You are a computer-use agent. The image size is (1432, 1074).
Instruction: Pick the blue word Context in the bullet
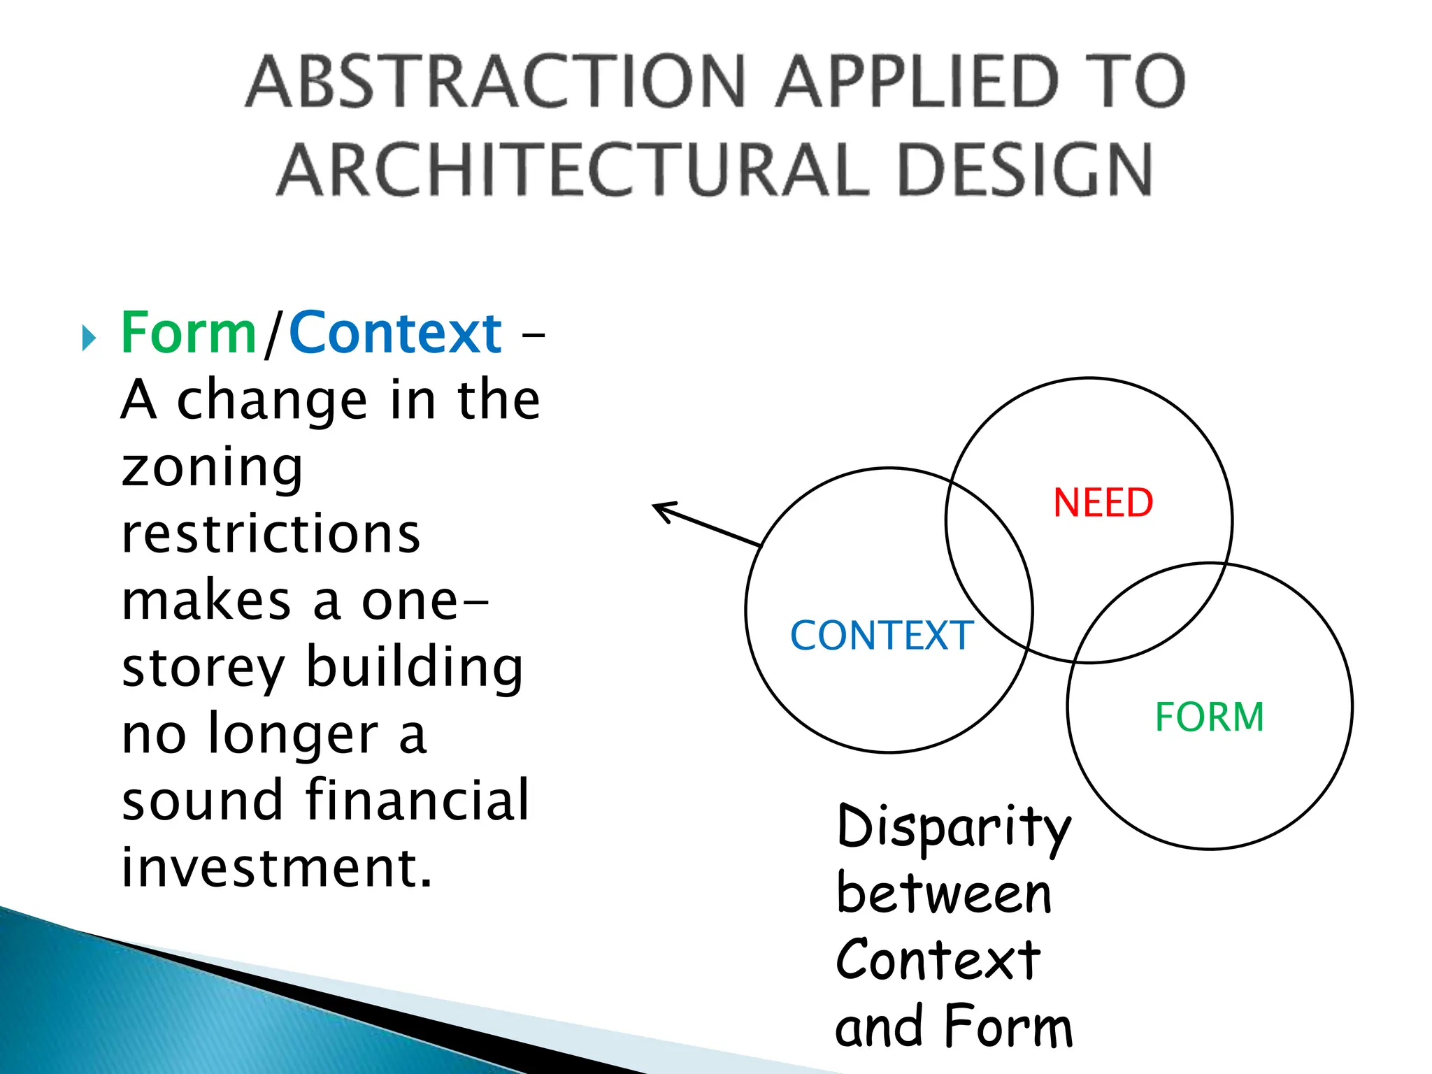[395, 334]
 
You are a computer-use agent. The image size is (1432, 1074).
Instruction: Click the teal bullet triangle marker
[88, 338]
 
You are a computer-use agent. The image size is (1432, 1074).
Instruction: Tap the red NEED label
[1103, 503]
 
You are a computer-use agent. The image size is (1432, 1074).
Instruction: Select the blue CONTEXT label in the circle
[882, 636]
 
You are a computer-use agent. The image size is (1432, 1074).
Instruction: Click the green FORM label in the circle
[1209, 717]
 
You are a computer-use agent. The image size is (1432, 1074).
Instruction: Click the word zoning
[212, 468]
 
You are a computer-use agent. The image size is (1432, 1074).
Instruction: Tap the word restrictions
[271, 534]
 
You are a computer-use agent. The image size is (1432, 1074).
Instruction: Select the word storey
[203, 669]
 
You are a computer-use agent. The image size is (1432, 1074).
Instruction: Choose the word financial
[417, 801]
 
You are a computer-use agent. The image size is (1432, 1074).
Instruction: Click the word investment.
[276, 868]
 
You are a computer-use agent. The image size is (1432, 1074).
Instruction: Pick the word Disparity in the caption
[954, 828]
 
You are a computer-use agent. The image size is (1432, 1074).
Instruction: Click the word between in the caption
[943, 894]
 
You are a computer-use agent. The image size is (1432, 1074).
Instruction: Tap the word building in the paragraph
[415, 668]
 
